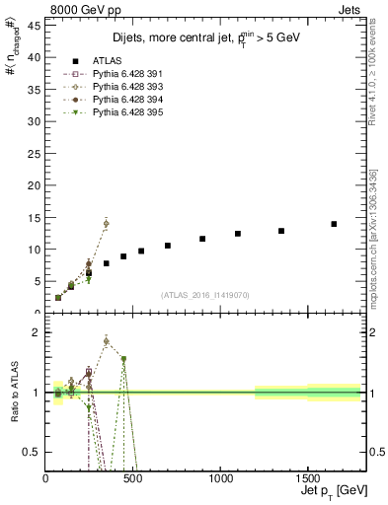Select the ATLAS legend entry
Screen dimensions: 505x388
pos(103,59)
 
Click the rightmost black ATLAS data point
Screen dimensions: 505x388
pos(334,224)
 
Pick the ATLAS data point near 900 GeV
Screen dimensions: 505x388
pos(202,239)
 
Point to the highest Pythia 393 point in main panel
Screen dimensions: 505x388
pos(106,224)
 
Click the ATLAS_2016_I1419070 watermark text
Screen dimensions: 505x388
pos(204,294)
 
